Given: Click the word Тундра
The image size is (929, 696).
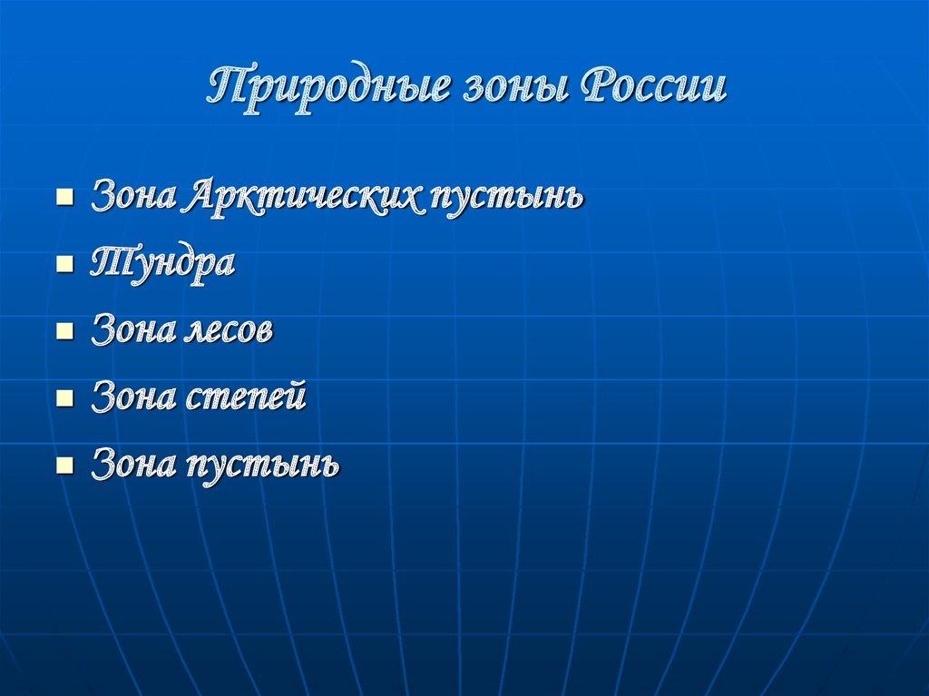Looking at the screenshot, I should [x=162, y=265].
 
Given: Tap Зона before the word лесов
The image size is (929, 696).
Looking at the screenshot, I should [x=132, y=330].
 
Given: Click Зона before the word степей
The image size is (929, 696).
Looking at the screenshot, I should [x=132, y=397].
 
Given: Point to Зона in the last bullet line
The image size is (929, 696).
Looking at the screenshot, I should [x=132, y=465].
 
